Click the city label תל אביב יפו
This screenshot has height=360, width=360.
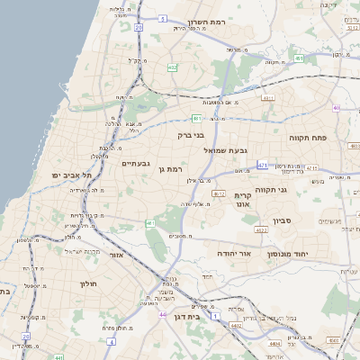coord(68,175)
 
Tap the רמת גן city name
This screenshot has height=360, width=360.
coord(169,168)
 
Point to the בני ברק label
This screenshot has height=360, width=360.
coord(191,135)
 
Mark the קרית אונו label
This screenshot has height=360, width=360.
coord(242,200)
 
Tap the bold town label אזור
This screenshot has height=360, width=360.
coord(115,256)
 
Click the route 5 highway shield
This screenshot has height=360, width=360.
coord(161,18)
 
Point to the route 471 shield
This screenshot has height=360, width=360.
coord(263,165)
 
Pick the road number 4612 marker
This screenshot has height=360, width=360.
coord(220,193)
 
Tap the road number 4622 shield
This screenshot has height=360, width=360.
coord(262,230)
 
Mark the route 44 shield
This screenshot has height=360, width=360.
coord(163,314)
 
